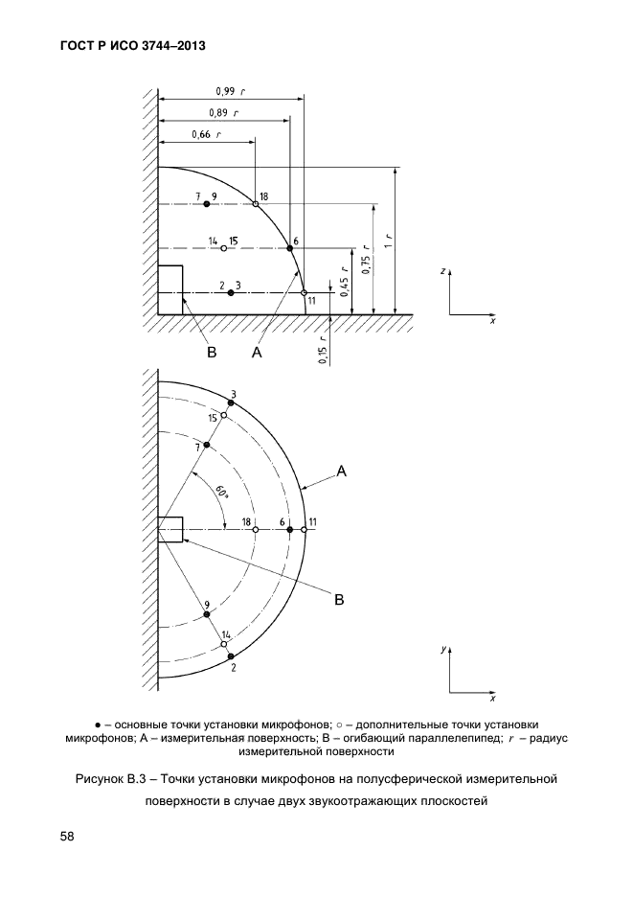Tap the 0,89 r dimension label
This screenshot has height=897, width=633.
point(222,113)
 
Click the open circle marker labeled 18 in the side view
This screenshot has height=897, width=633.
point(256,204)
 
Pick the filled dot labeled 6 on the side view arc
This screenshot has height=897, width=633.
point(290,248)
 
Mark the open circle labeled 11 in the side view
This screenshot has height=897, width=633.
point(304,292)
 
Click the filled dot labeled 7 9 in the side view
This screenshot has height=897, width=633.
point(206,204)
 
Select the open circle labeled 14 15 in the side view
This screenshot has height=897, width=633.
point(224,248)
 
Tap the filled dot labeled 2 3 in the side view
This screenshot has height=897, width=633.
point(231,292)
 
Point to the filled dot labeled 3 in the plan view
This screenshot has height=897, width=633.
point(231,403)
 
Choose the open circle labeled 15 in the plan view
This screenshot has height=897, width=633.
point(224,415)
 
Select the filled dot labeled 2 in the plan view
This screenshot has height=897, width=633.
point(231,655)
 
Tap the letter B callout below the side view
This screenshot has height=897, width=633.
point(213,353)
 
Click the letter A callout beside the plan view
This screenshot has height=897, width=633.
point(341,470)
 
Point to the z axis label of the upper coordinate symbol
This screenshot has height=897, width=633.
point(442,271)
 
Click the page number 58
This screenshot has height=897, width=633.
point(67,836)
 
